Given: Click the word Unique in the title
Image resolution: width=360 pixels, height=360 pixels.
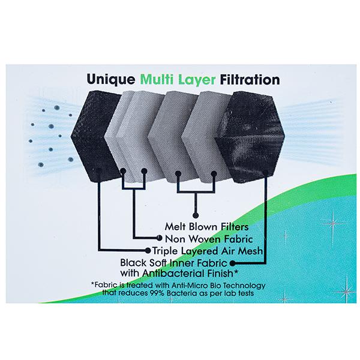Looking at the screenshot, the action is tap(111, 80).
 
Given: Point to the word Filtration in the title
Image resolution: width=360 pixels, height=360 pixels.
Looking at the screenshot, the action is tap(250, 79).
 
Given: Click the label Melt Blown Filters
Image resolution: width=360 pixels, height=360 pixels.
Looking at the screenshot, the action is tap(206, 227).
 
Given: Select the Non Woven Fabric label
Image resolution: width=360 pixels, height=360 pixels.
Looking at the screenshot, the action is tap(209, 239).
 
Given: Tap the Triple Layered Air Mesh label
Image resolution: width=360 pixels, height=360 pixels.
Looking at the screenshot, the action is tap(208, 251).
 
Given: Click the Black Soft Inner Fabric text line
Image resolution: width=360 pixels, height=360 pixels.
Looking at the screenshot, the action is tap(173, 263).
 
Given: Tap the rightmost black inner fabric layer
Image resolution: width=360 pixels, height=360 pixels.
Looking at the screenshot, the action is tap(250, 137).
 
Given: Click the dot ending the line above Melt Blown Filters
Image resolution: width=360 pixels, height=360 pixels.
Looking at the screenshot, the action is tap(196, 215).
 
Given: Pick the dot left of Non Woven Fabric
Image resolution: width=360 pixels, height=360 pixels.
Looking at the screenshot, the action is tap(160, 238).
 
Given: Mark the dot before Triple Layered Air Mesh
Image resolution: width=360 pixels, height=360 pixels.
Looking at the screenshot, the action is tap(148, 250).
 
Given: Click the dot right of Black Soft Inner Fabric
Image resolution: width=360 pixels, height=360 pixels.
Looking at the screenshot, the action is tap(232, 263).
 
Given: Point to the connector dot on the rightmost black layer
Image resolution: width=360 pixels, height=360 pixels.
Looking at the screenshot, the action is tap(266, 173).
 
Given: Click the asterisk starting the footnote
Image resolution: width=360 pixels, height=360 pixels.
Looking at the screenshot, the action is tap(93, 284).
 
